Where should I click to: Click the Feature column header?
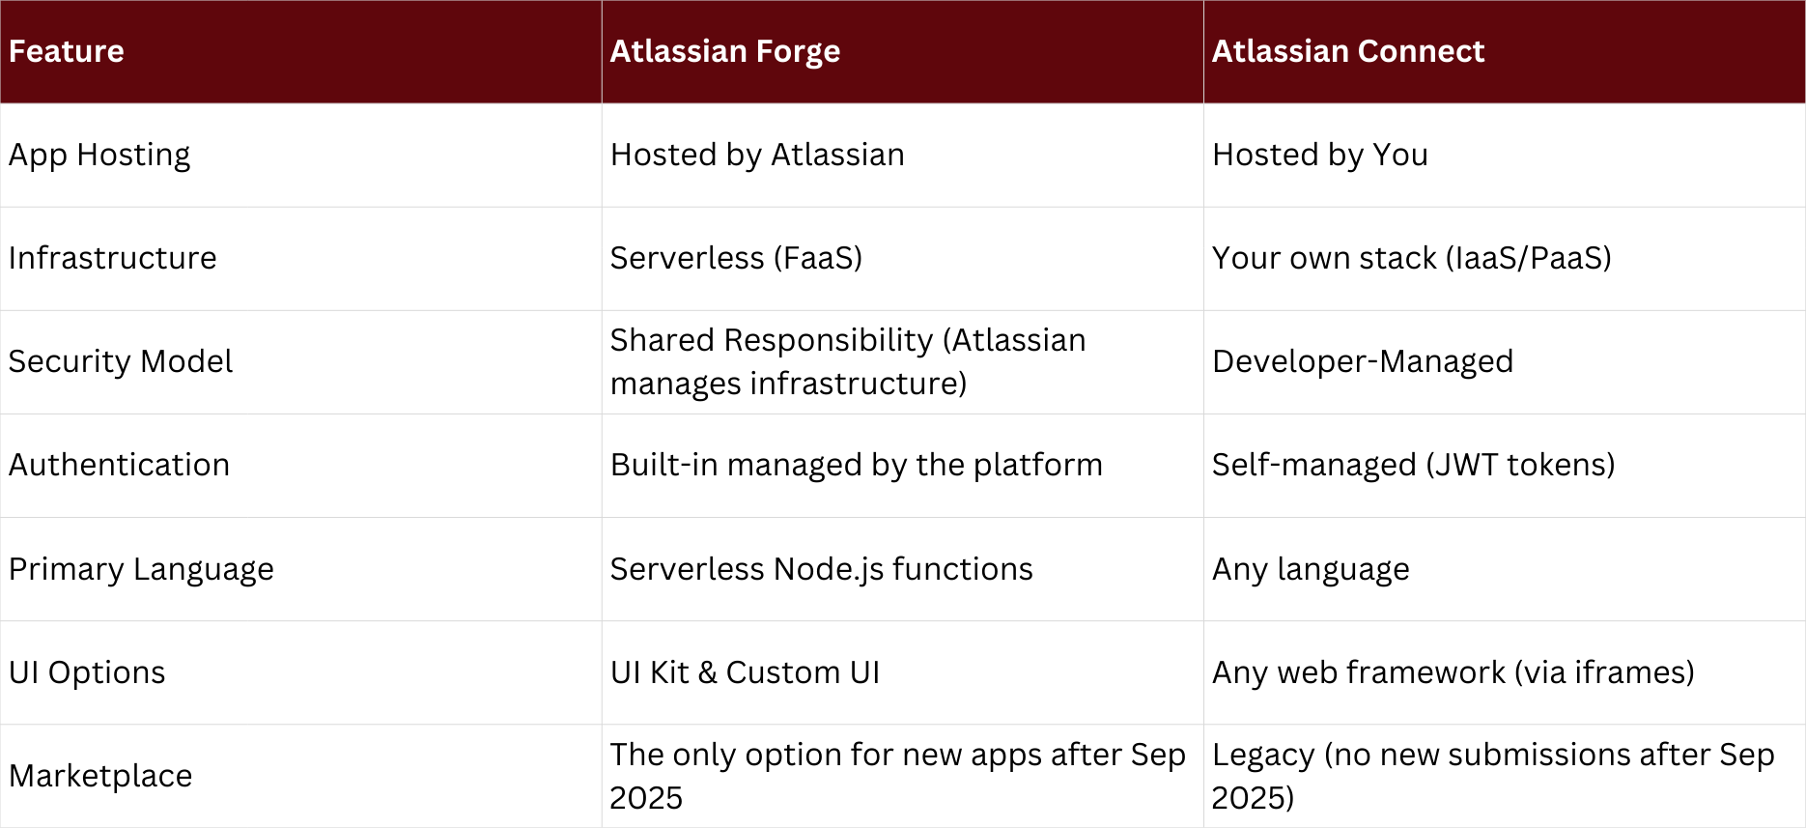[x=67, y=51]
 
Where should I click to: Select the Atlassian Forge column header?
[x=724, y=51]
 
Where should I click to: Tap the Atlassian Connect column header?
[x=1347, y=51]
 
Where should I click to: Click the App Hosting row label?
[x=99, y=155]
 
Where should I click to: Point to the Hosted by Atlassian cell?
[x=757, y=155]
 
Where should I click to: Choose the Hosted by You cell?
[x=1319, y=155]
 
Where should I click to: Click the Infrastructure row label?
[x=112, y=258]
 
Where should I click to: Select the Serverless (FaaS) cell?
[x=736, y=258]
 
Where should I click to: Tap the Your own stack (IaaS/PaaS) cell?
[x=1411, y=258]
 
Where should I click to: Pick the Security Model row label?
[x=121, y=361]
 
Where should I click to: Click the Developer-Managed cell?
[x=1362, y=361]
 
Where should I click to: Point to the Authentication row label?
[x=119, y=465]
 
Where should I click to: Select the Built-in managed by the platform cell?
[x=856, y=465]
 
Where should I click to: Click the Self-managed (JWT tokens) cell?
[x=1413, y=465]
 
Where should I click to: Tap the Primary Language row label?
[x=141, y=569]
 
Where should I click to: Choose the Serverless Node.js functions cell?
[x=821, y=569]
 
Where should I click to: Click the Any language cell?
[x=1311, y=569]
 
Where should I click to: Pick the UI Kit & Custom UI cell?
[x=745, y=672]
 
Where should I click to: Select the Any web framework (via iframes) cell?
[x=1453, y=672]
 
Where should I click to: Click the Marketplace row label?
[x=100, y=776]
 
